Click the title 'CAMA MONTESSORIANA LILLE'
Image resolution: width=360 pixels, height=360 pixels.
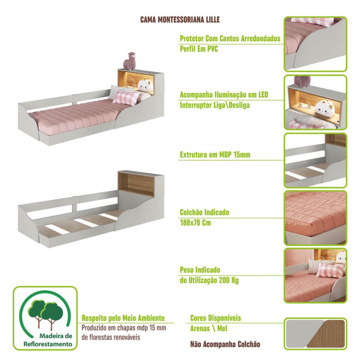tap(180, 19)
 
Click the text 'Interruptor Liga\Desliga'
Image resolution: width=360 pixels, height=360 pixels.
tap(215, 105)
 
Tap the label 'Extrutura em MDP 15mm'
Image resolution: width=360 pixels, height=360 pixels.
tap(215, 155)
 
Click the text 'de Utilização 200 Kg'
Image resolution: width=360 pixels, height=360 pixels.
tap(209, 280)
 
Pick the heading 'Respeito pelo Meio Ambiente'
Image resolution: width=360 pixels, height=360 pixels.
tap(123, 318)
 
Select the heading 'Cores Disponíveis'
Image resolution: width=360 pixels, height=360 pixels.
tap(215, 318)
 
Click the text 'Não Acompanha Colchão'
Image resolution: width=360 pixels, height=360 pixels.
tap(225, 344)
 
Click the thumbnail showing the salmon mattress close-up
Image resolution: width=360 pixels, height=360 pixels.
tap(315, 217)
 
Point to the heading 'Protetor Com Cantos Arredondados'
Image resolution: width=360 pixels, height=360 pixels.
tap(230, 39)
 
